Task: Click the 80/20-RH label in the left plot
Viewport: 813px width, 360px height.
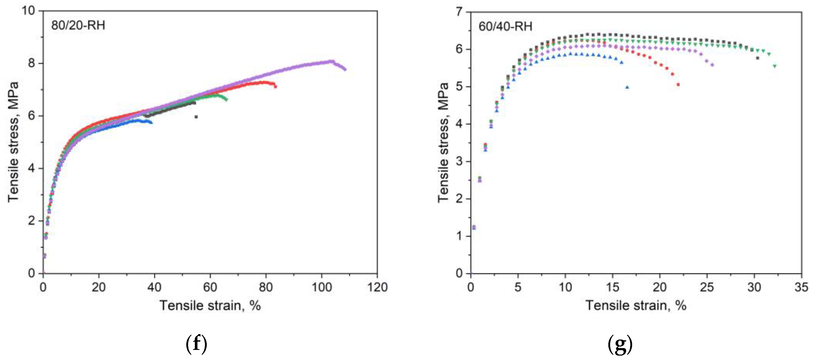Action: tap(78, 25)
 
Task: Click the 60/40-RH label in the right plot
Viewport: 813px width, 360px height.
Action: tap(505, 26)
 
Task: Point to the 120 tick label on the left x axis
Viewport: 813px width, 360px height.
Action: tap(378, 287)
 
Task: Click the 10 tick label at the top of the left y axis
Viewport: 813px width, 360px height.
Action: tap(28, 11)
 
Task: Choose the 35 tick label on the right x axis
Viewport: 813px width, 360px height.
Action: tap(801, 287)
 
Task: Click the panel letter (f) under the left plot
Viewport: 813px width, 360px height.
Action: tap(196, 344)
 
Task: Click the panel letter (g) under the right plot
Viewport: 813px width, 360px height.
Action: tap(620, 344)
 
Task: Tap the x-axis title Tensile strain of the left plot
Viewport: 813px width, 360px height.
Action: tap(210, 305)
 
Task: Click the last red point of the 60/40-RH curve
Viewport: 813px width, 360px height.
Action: tap(678, 85)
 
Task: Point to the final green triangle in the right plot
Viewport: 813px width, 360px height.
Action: tap(774, 66)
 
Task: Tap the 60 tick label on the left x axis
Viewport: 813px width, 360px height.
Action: tap(210, 287)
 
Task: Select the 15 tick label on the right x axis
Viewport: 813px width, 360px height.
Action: tap(612, 287)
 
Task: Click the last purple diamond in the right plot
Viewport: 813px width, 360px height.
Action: tap(712, 65)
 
